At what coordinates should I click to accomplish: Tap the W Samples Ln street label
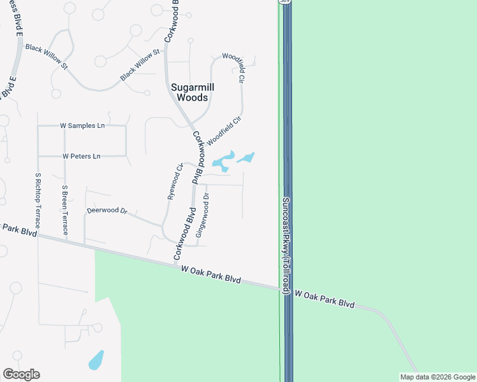pyautogui.click(x=82, y=126)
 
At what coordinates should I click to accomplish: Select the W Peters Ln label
pyautogui.click(x=82, y=156)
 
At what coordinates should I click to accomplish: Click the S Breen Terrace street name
pyautogui.click(x=64, y=209)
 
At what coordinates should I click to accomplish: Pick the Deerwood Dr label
pyautogui.click(x=107, y=210)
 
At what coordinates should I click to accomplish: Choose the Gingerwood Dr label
pyautogui.click(x=202, y=216)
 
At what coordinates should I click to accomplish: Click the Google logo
pyautogui.click(x=21, y=374)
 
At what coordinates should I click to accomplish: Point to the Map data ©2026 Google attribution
pyautogui.click(x=437, y=377)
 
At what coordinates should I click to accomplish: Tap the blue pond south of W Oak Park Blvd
pyautogui.click(x=96, y=360)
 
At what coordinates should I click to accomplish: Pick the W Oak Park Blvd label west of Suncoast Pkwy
pyautogui.click(x=210, y=274)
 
